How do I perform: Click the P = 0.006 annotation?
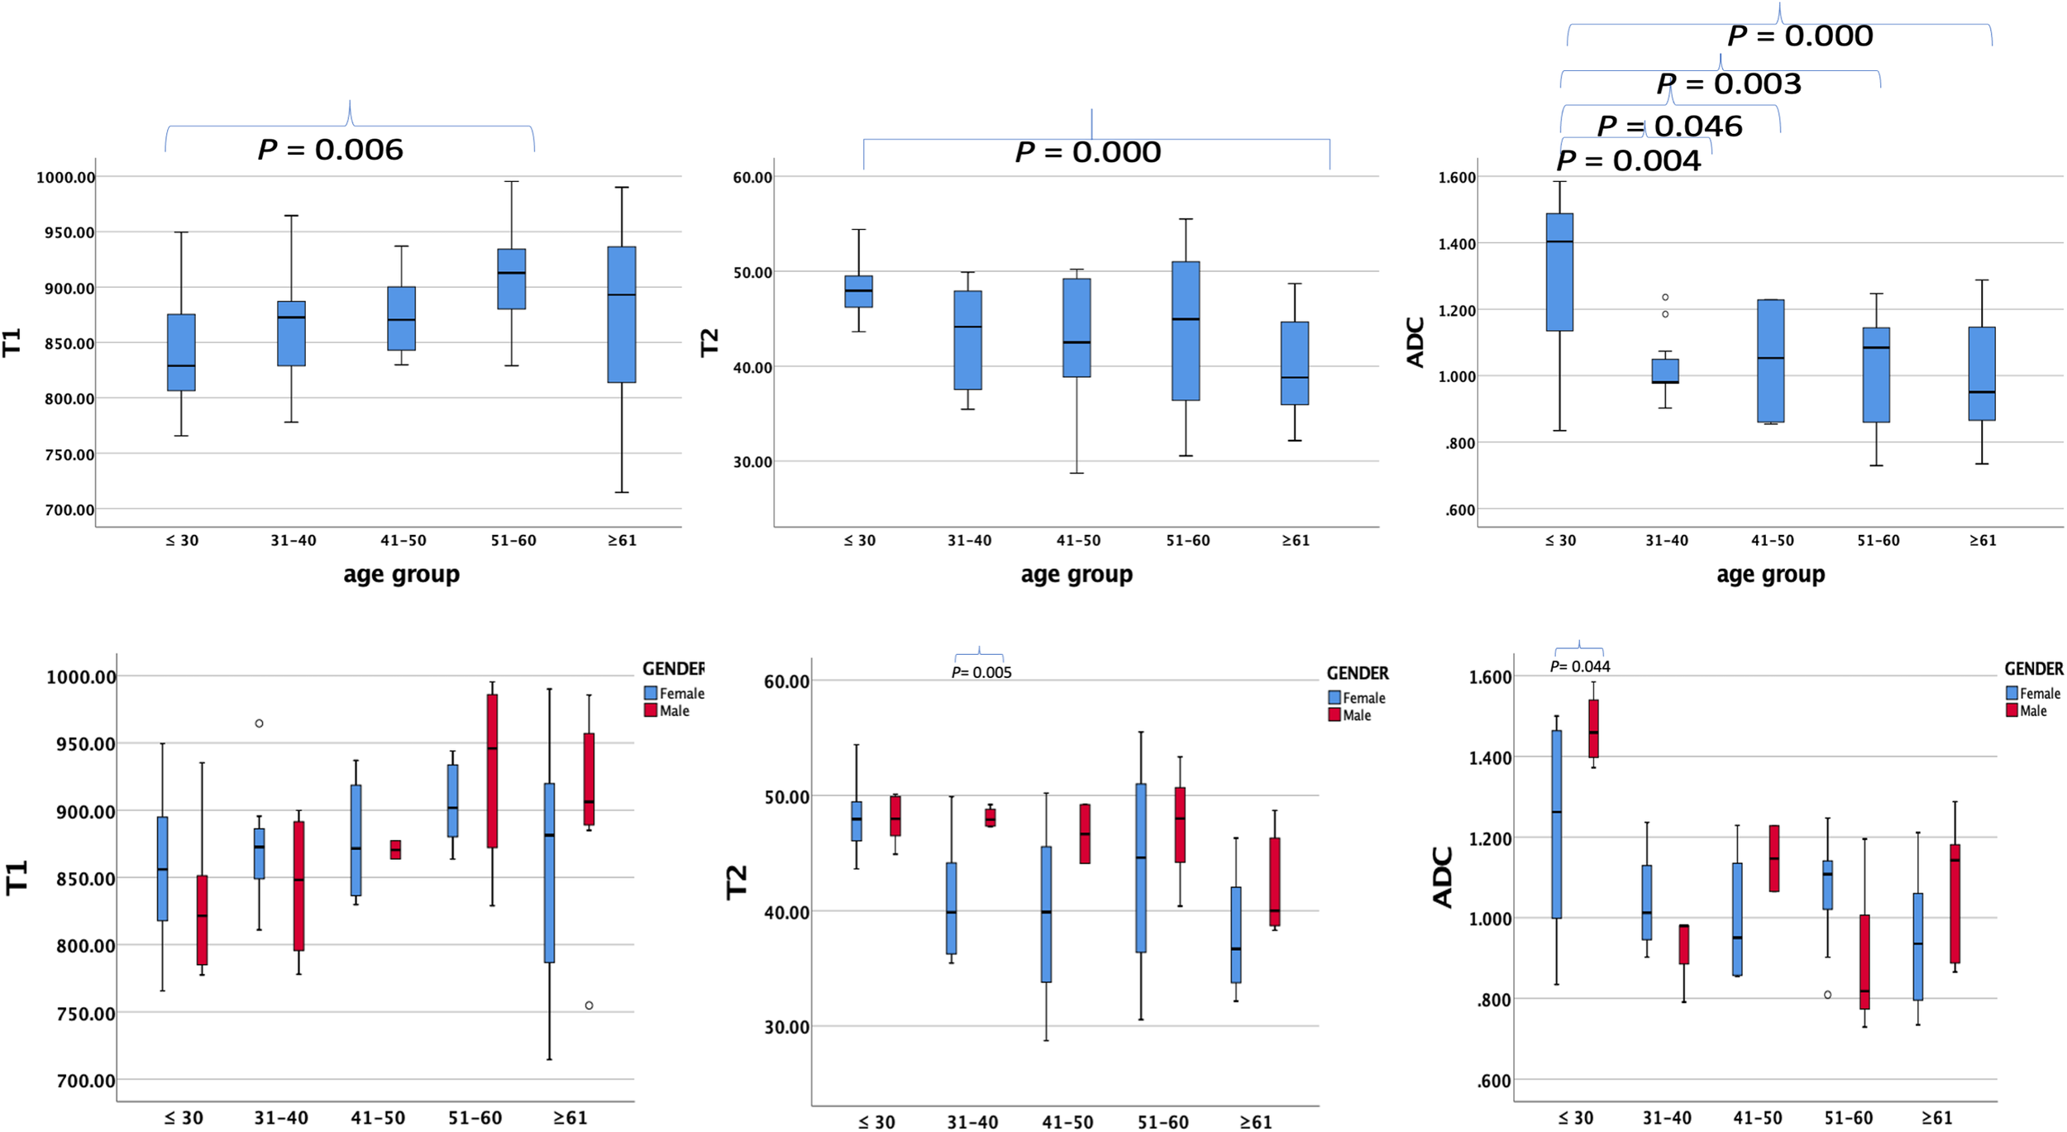point(331,150)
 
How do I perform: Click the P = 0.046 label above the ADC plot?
point(1670,126)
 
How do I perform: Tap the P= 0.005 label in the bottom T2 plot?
point(981,672)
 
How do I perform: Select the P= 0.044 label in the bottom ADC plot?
point(1580,666)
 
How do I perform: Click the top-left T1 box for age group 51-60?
point(512,279)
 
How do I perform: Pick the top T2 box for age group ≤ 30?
point(858,291)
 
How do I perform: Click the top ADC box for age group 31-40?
point(1665,370)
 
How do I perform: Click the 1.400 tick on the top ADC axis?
point(1457,244)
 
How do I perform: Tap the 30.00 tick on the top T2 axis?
point(752,461)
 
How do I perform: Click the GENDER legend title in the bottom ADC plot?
point(2033,668)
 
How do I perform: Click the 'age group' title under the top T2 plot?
point(1076,574)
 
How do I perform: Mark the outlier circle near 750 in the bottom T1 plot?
point(589,1005)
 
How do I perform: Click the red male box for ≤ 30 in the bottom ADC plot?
point(1593,728)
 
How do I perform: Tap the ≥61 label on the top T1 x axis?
point(622,540)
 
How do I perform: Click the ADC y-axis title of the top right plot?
point(1415,342)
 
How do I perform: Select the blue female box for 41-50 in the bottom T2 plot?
point(1046,914)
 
